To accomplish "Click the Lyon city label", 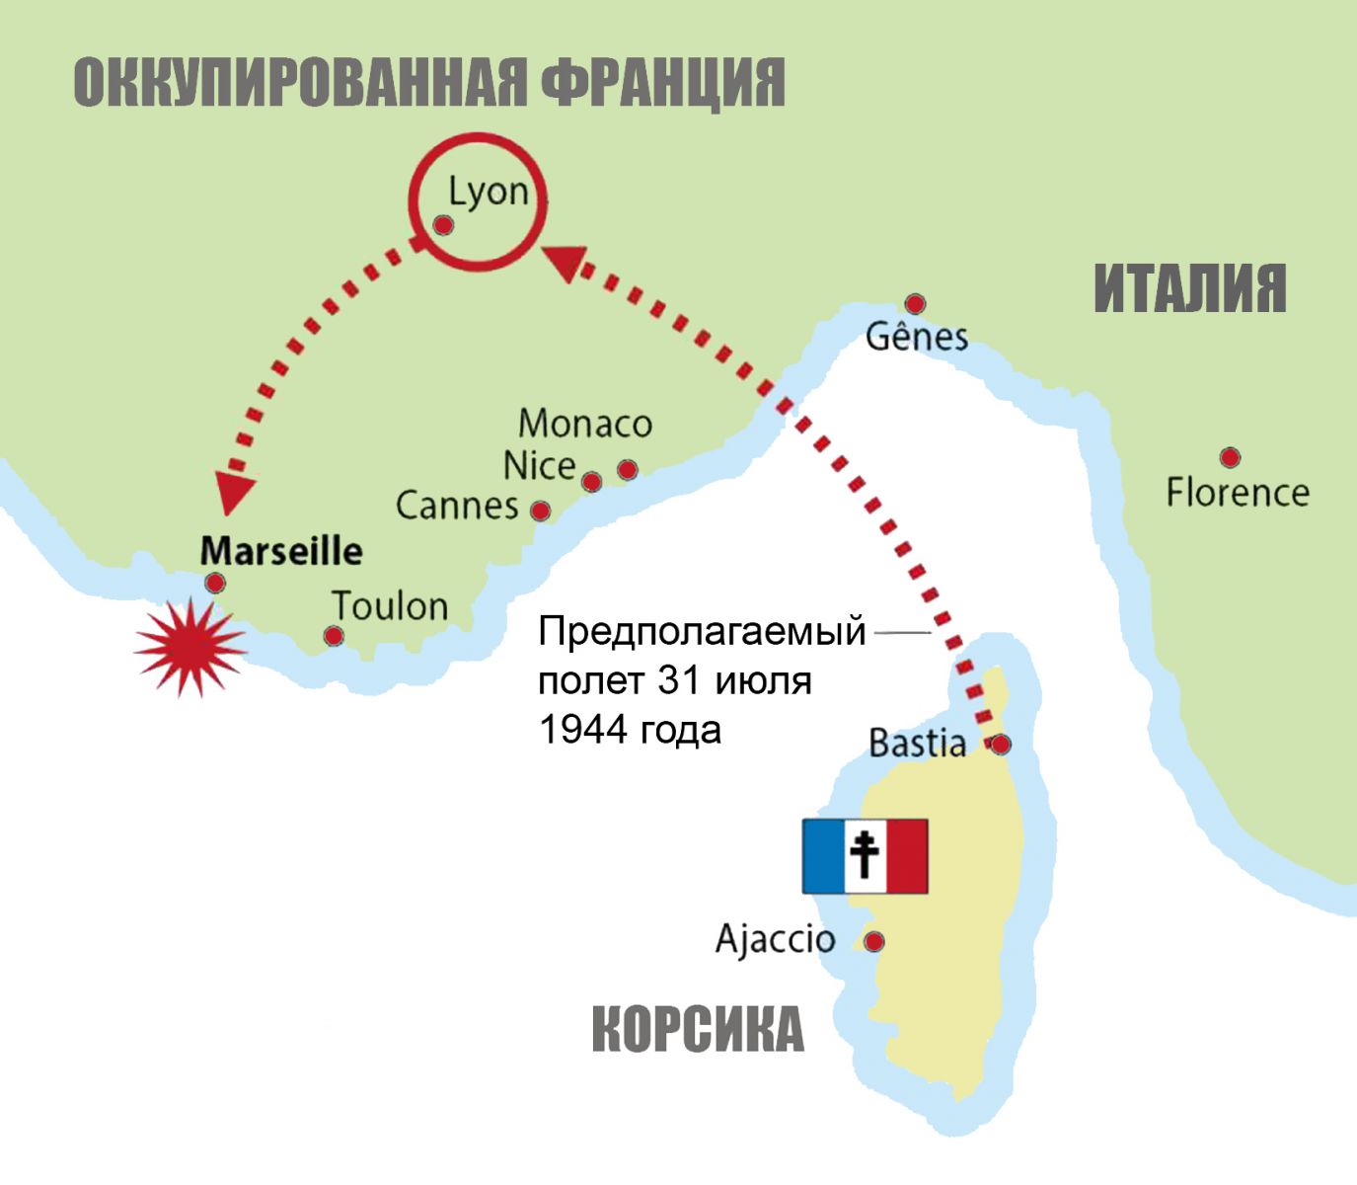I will [x=489, y=191].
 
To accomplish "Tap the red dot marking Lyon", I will [x=443, y=226].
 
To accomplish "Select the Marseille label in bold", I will [x=281, y=551].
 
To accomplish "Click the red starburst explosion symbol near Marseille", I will [x=189, y=647].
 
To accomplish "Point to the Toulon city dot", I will [x=335, y=636].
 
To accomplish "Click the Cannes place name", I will [x=457, y=506].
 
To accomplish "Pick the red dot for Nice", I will [x=591, y=482].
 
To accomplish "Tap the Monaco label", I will [x=585, y=424].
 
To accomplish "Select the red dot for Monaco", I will [x=627, y=469].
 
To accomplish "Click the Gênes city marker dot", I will [x=915, y=303].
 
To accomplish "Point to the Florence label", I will [x=1238, y=492].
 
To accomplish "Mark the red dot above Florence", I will [x=1230, y=457].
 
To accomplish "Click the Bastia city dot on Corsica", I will [x=1001, y=744].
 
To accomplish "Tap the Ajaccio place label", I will [x=775, y=938].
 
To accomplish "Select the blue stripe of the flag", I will [x=823, y=856].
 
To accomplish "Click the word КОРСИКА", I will [x=698, y=1030].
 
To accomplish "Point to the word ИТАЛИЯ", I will [x=1190, y=288].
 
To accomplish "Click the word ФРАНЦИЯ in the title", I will [x=663, y=83].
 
